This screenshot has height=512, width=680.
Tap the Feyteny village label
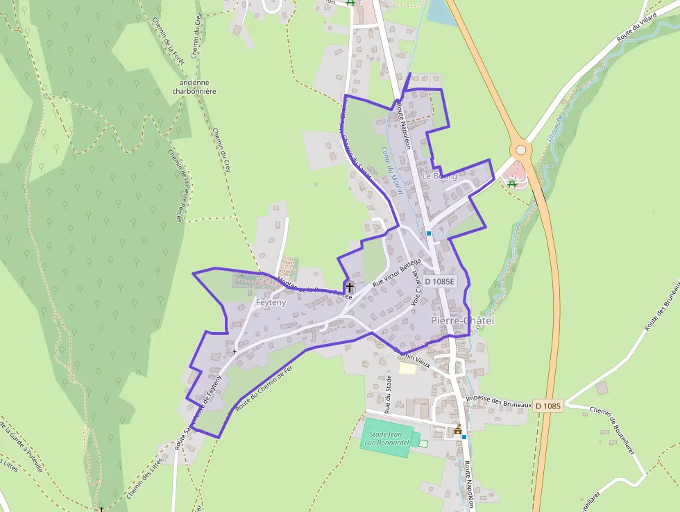coord(271,303)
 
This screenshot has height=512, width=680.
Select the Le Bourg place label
coord(439,176)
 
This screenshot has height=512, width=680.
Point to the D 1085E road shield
coord(439,281)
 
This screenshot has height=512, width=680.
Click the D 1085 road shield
coord(548,405)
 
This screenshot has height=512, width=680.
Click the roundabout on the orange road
coord(520,149)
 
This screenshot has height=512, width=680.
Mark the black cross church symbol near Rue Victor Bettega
coord(349,287)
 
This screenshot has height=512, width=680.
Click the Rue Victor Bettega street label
coord(396,273)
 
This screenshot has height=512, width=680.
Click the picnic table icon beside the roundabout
coord(512,183)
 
